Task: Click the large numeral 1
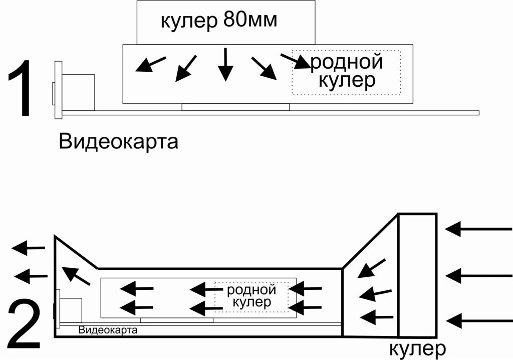[21, 89]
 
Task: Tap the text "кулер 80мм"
[218, 21]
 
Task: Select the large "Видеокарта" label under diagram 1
[118, 141]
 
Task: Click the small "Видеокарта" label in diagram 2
[108, 330]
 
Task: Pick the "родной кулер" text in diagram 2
[252, 296]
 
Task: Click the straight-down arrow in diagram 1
[225, 64]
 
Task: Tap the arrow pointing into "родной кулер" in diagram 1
[295, 61]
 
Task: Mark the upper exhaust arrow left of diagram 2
[29, 247]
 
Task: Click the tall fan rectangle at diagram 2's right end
[417, 274]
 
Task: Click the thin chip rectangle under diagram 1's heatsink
[235, 107]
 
